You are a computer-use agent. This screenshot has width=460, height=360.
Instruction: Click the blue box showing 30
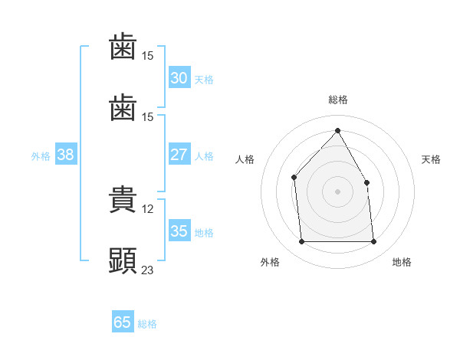179,78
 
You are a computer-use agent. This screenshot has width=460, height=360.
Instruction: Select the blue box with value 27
179,155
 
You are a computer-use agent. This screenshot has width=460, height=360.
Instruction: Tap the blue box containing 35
179,231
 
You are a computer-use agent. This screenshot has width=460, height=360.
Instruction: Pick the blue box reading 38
66,155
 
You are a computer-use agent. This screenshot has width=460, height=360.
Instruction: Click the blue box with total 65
123,322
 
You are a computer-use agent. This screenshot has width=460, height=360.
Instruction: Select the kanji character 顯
123,261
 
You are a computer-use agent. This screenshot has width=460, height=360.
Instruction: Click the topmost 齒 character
123,48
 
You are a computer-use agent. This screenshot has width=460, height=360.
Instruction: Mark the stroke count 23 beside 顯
148,270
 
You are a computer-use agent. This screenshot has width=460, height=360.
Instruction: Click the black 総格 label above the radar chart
337,100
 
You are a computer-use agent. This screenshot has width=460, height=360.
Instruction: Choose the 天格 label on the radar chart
431,159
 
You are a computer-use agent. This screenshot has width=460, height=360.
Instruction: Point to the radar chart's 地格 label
402,262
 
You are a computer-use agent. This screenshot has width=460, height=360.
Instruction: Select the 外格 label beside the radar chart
270,262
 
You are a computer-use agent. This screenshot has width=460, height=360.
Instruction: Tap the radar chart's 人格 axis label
245,159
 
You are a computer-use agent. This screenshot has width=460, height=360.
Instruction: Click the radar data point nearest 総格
337,131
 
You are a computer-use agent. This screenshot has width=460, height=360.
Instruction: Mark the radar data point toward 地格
373,242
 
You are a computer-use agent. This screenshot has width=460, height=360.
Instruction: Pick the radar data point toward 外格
301,242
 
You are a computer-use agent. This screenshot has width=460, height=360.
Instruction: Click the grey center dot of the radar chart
337,191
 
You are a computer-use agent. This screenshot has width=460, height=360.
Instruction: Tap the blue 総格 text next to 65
147,324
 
